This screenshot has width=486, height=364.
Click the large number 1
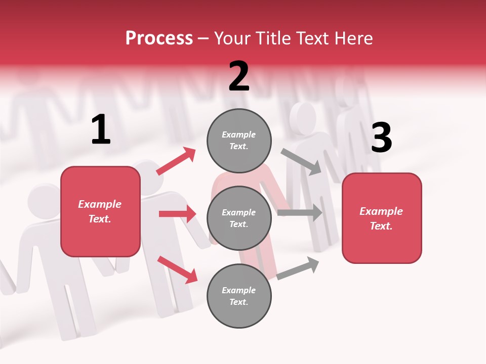pyautogui.click(x=101, y=130)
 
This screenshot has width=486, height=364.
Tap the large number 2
pyautogui.click(x=239, y=76)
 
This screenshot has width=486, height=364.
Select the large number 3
pyautogui.click(x=381, y=138)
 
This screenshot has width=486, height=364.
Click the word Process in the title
pyautogui.click(x=159, y=38)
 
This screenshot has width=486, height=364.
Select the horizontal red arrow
pyautogui.click(x=177, y=214)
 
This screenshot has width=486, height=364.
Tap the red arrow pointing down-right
pyautogui.click(x=178, y=269)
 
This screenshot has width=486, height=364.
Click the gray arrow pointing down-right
pyautogui.click(x=301, y=161)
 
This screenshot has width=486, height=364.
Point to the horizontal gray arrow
pyautogui.click(x=300, y=212)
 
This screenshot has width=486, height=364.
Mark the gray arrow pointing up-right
pyautogui.click(x=298, y=268)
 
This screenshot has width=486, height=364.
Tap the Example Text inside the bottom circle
pyautogui.click(x=239, y=296)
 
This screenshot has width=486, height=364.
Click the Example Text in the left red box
pyautogui.click(x=100, y=211)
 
